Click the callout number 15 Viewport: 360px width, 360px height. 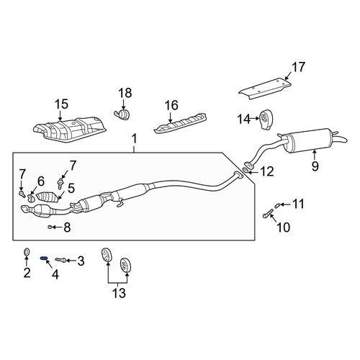click(61, 104)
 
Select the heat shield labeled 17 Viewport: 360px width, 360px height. click(265, 89)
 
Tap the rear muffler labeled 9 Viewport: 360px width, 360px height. click(312, 141)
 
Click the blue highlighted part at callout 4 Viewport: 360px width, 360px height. click(44, 258)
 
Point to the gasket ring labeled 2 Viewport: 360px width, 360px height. click(27, 252)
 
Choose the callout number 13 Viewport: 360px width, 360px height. click(119, 293)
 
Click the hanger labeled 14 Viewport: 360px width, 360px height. click(266, 120)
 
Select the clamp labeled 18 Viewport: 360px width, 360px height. click(122, 114)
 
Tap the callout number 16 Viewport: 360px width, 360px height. click(171, 106)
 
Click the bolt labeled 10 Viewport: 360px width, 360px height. click(267, 213)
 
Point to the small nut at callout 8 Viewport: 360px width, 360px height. click(50, 227)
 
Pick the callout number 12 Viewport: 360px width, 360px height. click(267, 172)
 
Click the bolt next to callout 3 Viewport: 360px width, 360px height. click(60, 259)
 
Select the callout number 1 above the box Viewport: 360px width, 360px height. click(135, 139)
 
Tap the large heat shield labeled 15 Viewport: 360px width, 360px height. click(70, 130)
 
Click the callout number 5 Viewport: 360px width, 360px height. click(71, 189)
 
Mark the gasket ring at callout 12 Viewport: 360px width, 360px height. click(246, 171)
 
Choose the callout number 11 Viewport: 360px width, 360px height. click(298, 204)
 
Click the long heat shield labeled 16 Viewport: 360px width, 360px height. click(180, 123)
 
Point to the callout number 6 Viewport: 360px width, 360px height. click(41, 181)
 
